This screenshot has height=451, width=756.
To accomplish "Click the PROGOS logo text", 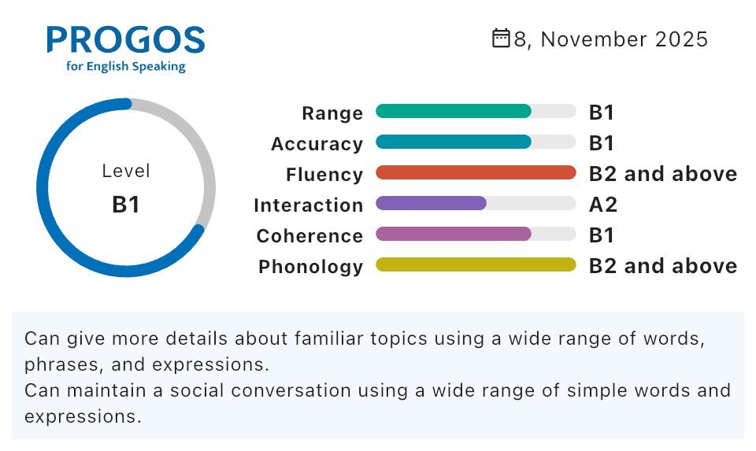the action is tap(126, 39).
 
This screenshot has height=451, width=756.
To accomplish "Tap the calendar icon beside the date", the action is tap(501, 39).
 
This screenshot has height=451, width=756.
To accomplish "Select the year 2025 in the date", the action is tap(681, 39).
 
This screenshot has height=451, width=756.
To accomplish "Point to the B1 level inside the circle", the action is tap(126, 205).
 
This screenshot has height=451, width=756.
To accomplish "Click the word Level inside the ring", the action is tap(126, 171).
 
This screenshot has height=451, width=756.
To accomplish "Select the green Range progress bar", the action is tap(454, 111).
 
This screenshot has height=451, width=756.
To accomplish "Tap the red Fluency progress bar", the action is tap(476, 172).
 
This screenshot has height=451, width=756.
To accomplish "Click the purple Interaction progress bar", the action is tap(431, 203).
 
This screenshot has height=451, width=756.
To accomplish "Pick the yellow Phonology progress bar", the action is tap(476, 264).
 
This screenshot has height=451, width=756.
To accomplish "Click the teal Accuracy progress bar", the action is tap(454, 142).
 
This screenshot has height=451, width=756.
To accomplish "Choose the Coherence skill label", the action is tap(309, 236).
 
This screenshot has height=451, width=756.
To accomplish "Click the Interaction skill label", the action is tap(309, 205).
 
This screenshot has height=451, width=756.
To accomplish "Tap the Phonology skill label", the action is tap(311, 267).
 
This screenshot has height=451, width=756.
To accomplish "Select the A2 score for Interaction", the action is tap(603, 205).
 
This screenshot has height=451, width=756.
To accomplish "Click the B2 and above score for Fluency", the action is tap(663, 174).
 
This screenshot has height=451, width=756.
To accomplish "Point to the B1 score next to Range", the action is tap(601, 113).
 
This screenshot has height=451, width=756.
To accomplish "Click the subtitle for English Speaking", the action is tap(126, 66).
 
